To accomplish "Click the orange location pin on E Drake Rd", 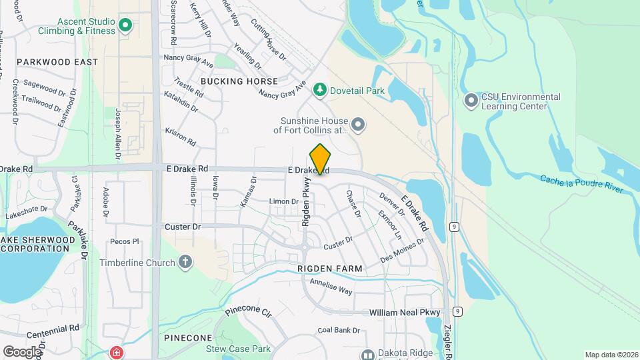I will pos(320,159).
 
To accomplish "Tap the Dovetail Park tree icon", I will pos(320,89).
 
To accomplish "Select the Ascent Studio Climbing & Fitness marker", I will pos(125,27).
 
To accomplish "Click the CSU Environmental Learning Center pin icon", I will pos(471,101).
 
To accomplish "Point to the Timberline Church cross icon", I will pos(185,263).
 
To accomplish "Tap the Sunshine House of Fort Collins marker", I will pos(358,124).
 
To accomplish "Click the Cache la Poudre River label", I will pos(581,185).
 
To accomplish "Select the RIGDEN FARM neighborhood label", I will pos(330,269).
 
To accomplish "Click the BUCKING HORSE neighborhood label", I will pos(239,81).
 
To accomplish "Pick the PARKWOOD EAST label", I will pos(57,62).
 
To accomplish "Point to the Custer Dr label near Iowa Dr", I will pos(182,227).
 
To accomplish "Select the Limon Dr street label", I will pos(283,201).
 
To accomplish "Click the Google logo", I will pos(22,351).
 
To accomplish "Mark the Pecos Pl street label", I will pos(125,241).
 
